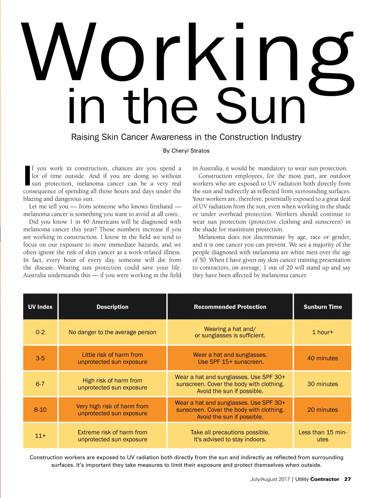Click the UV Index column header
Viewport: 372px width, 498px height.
[40, 307]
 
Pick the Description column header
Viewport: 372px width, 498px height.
[112, 307]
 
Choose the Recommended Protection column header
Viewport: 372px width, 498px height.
[230, 307]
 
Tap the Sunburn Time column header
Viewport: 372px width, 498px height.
[323, 307]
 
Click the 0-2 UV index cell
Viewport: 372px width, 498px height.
[40, 332]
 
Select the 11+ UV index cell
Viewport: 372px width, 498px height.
[40, 436]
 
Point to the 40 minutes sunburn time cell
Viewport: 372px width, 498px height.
[323, 358]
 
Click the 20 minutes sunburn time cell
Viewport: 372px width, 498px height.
[323, 410]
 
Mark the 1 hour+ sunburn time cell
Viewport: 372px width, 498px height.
[323, 332]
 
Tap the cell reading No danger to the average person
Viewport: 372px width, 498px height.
[112, 332]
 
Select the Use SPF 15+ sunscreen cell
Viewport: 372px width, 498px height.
[230, 358]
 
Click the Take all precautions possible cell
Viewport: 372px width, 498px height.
[230, 436]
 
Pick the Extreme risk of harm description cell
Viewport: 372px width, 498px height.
[112, 436]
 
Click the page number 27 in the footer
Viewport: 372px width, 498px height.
[348, 479]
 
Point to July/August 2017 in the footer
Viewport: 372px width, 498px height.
[270, 479]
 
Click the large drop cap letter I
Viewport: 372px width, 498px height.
[27, 176]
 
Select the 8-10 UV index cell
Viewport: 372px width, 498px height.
[40, 410]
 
